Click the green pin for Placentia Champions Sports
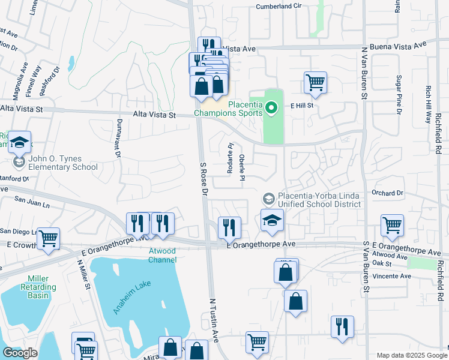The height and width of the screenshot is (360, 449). (x=271, y=109)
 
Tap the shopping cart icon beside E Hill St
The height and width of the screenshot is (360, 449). (x=315, y=82)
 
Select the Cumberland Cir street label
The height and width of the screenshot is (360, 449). (x=278, y=6)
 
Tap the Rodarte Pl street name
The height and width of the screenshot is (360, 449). (x=229, y=159)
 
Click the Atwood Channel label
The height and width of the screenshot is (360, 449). (x=163, y=255)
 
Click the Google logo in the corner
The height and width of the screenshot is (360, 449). (x=20, y=353)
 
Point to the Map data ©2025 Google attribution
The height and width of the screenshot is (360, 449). (x=411, y=355)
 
